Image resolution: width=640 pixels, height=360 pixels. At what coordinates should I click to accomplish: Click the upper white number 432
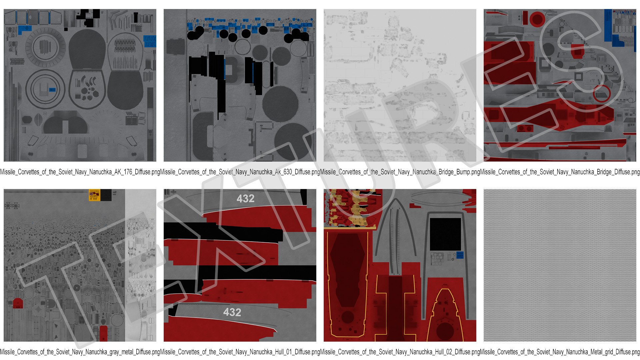(x=245, y=199)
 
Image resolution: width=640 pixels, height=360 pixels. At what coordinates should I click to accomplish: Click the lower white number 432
(x=232, y=312)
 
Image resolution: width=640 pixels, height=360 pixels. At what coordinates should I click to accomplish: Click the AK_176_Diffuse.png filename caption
(x=80, y=172)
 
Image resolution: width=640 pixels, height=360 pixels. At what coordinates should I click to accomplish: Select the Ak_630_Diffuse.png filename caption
(x=240, y=172)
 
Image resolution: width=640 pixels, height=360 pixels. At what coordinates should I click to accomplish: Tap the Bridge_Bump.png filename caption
(x=400, y=172)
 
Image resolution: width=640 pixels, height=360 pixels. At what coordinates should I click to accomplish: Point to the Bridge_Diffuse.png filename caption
(x=560, y=172)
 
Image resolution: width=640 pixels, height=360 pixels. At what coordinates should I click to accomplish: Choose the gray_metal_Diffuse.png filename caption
(x=80, y=352)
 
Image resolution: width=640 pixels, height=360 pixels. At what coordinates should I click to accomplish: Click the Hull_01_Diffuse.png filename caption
(x=240, y=352)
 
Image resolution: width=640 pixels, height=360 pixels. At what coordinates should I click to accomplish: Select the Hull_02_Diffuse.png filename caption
(x=400, y=352)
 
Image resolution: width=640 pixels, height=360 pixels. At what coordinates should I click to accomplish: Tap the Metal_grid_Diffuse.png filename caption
(x=560, y=352)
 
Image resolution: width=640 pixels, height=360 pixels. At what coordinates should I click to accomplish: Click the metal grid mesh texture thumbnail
(x=560, y=265)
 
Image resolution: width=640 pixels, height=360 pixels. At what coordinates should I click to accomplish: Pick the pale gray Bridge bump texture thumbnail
(x=400, y=85)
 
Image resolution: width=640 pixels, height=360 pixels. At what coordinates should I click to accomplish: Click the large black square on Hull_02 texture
(x=445, y=234)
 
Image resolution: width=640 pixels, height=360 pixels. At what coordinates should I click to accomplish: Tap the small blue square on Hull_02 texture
(x=460, y=255)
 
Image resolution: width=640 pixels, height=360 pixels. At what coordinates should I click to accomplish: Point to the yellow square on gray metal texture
(x=95, y=195)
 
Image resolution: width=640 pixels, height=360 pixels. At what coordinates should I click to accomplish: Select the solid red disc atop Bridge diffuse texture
(x=537, y=19)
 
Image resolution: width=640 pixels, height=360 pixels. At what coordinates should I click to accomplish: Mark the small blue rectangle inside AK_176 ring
(x=52, y=90)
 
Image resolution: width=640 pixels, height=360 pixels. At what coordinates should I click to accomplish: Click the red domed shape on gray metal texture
(x=17, y=304)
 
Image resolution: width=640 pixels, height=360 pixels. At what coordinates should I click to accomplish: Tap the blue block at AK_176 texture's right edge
(x=150, y=41)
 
